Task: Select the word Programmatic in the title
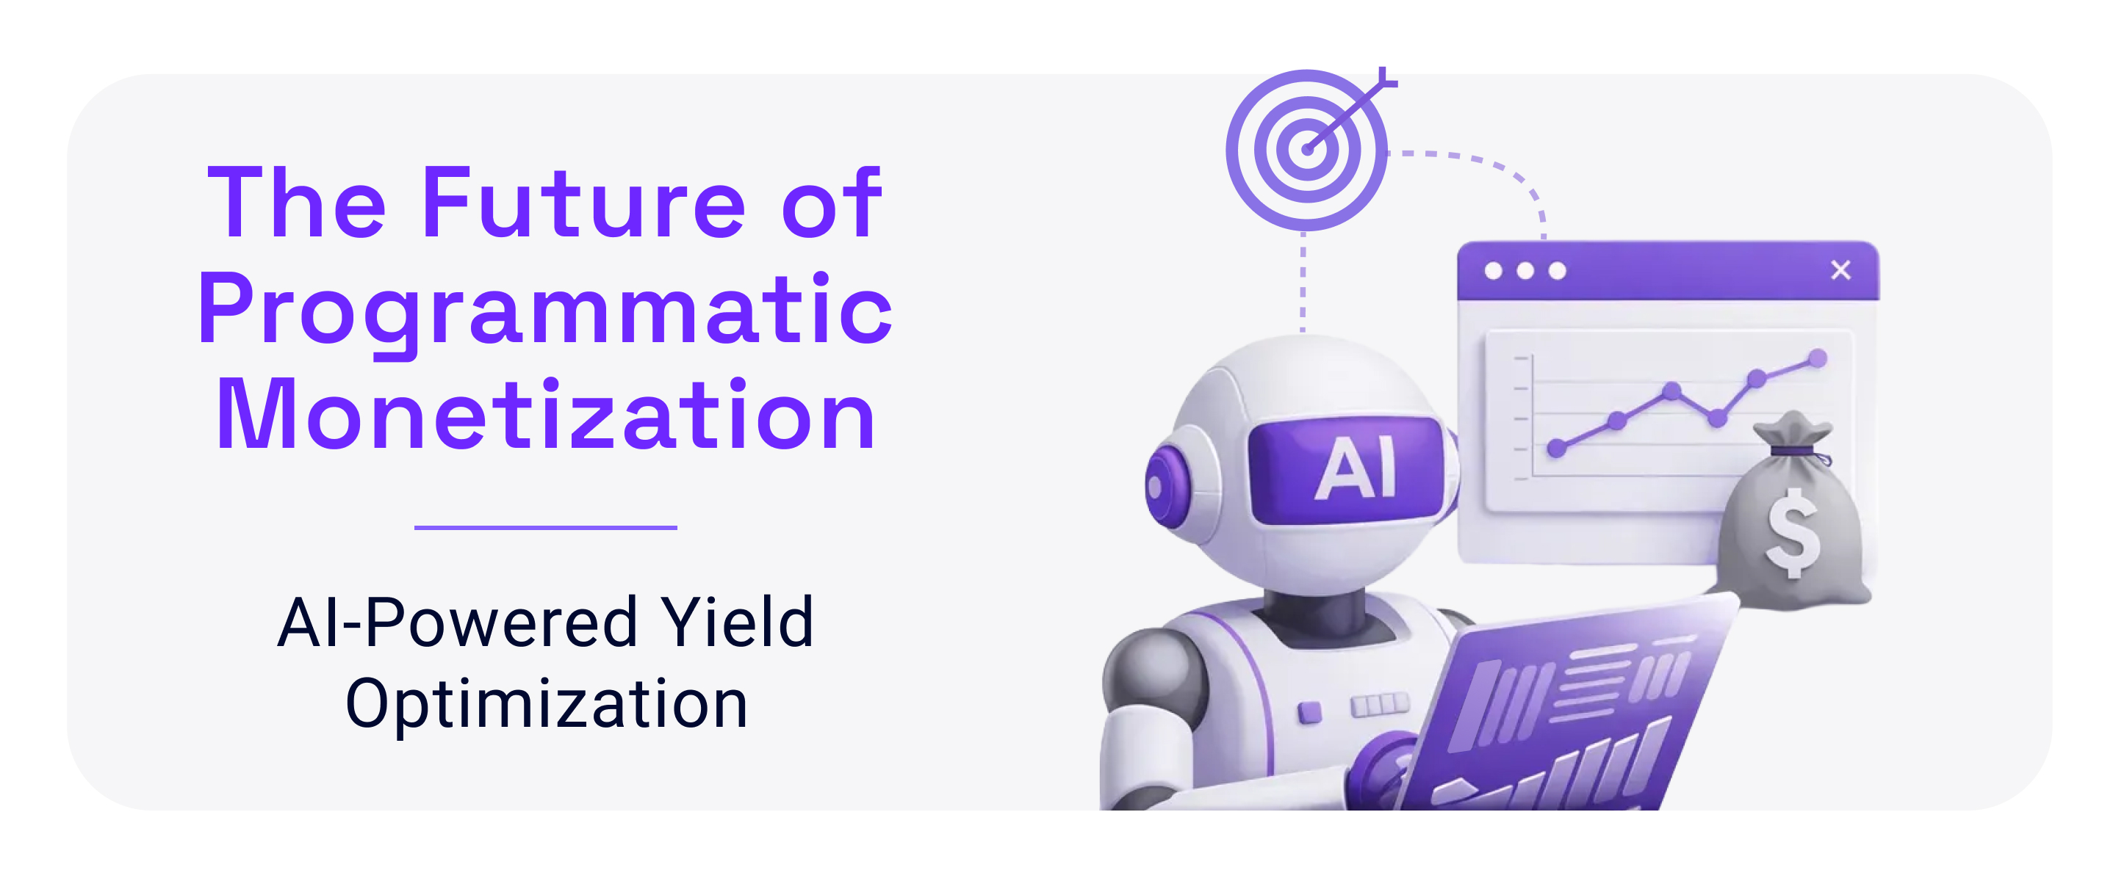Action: [x=544, y=310]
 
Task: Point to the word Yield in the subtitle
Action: [x=737, y=623]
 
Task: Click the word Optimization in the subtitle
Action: [x=546, y=703]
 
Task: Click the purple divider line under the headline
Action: [x=545, y=527]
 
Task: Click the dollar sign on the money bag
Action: [x=1793, y=532]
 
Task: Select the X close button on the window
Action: [x=1840, y=270]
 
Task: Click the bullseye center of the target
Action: [x=1307, y=150]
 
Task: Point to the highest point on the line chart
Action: [x=1818, y=358]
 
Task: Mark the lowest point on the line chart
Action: [x=1556, y=449]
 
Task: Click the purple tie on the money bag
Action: [x=1794, y=451]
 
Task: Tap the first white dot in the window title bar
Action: [x=1494, y=271]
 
